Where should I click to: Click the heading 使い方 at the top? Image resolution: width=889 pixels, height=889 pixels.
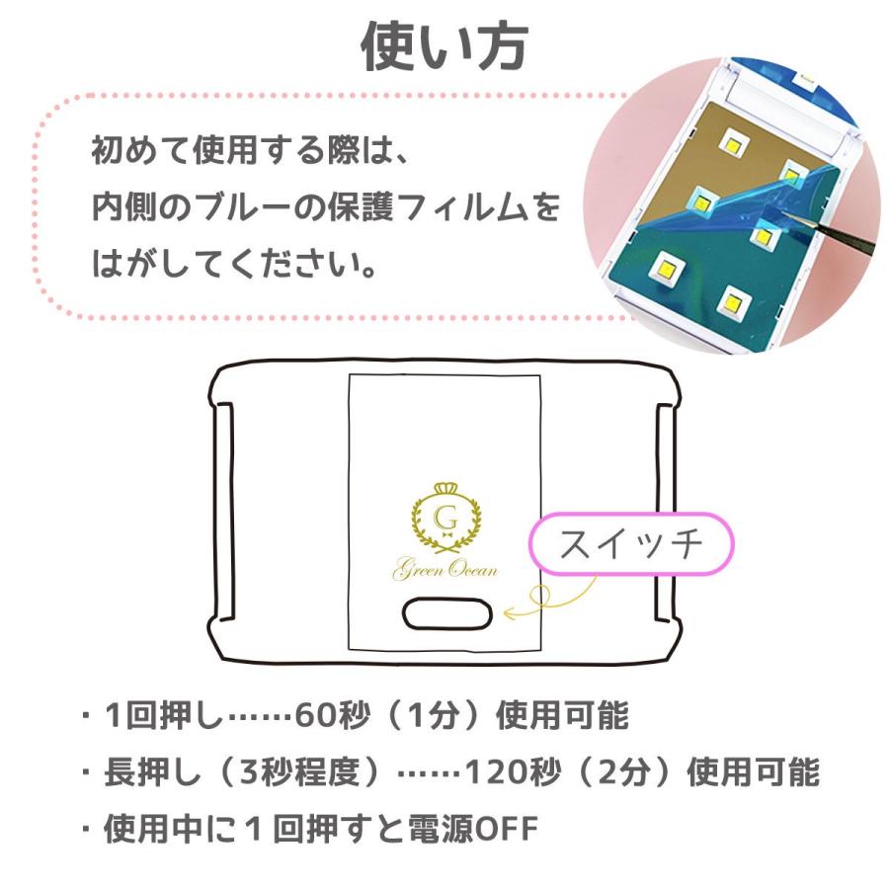(x=444, y=47)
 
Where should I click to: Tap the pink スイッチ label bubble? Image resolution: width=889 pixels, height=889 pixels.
(x=631, y=544)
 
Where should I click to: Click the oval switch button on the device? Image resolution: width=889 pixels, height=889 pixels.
(x=447, y=613)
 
